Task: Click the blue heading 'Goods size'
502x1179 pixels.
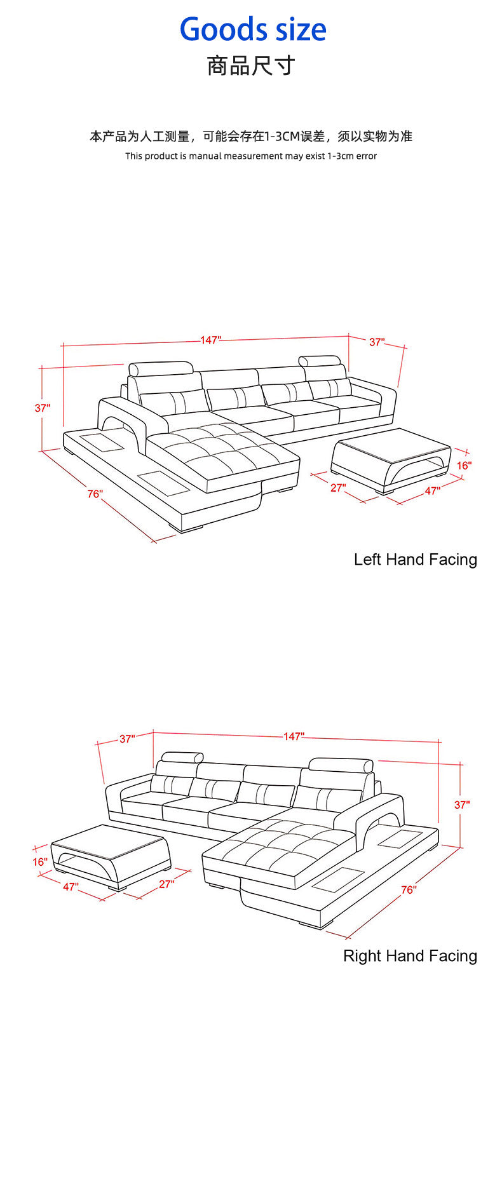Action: point(253,30)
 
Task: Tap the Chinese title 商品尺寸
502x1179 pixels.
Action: point(251,65)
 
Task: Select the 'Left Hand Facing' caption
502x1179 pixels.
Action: point(416,560)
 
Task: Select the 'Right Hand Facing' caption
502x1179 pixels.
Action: point(410,956)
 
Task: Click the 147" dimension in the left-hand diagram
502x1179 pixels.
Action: point(211,340)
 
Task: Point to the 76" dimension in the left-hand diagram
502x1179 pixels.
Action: point(95,494)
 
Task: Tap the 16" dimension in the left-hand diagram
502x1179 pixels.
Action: point(464,465)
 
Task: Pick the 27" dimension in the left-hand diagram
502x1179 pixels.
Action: point(338,488)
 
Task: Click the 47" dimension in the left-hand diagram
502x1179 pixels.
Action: point(433,491)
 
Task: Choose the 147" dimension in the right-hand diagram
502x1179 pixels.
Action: point(294,736)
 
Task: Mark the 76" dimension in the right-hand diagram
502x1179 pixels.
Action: point(409,890)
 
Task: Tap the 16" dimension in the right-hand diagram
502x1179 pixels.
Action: point(40,862)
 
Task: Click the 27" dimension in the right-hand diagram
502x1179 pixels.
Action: point(166,884)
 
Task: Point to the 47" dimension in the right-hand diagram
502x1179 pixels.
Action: point(71,887)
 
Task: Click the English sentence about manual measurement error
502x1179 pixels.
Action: point(251,156)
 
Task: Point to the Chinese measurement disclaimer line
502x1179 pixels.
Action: point(251,137)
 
